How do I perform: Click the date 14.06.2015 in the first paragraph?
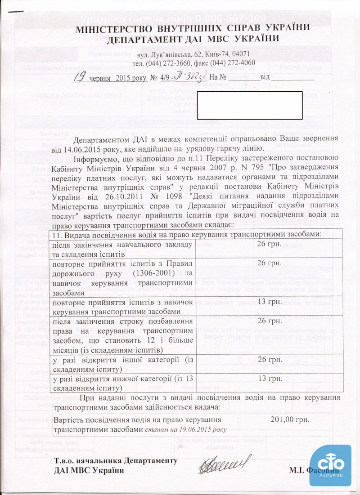tap(81, 147)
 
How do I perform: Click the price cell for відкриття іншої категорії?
tap(269, 360)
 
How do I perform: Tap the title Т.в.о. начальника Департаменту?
tap(115, 461)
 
